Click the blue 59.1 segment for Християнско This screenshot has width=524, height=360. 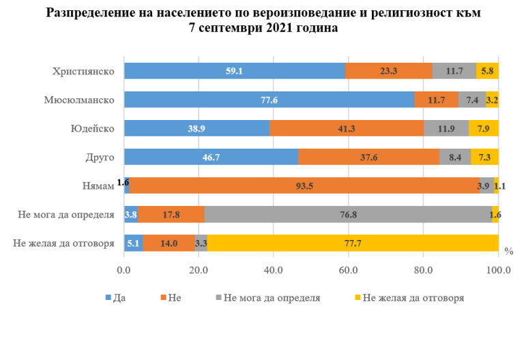click(x=234, y=71)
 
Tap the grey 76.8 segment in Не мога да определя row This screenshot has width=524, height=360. click(x=348, y=214)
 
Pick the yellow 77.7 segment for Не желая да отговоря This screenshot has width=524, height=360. click(x=353, y=243)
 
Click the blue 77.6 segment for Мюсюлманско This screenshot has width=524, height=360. click(x=269, y=100)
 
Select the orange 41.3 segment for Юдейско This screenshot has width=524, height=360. click(x=347, y=128)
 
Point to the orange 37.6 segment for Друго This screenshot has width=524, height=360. click(x=368, y=157)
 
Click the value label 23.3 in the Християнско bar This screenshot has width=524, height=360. click(x=389, y=71)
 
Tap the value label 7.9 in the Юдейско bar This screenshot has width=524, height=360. click(x=484, y=128)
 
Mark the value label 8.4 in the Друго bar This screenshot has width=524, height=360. click(x=455, y=157)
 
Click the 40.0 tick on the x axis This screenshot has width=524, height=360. click(x=274, y=270)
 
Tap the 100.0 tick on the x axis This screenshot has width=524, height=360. click(x=499, y=270)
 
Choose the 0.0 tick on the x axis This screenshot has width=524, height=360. click(x=124, y=270)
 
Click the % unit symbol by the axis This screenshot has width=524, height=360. click(x=508, y=251)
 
